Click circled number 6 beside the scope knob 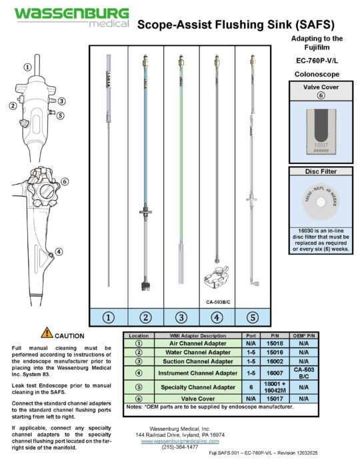point(65,181)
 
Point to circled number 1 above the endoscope point(27,67)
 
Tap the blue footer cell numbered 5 point(253,317)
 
